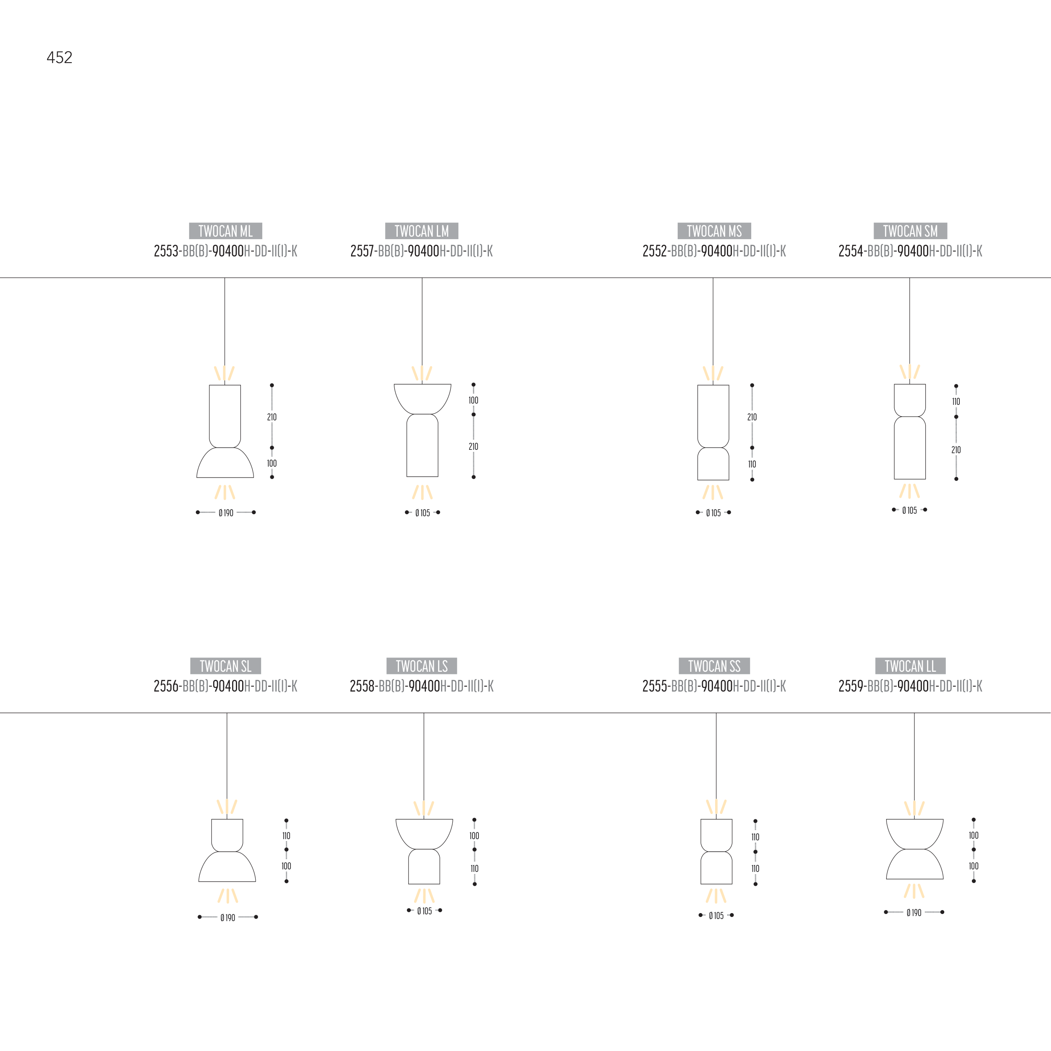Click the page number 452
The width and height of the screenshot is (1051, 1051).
[x=59, y=58]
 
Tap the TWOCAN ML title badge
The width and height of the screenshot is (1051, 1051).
[x=225, y=231]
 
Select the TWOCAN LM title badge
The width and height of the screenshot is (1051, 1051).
[x=422, y=231]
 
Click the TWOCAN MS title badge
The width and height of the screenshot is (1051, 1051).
[x=714, y=231]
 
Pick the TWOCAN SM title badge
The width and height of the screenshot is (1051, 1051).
[x=910, y=231]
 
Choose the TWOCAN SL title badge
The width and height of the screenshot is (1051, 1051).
[x=225, y=666]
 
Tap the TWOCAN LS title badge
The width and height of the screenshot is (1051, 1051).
[x=422, y=666]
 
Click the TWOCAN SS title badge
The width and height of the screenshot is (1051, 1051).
[x=714, y=666]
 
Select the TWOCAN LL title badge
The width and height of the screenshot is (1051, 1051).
[x=910, y=666]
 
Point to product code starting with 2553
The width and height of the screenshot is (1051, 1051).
[x=225, y=251]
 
